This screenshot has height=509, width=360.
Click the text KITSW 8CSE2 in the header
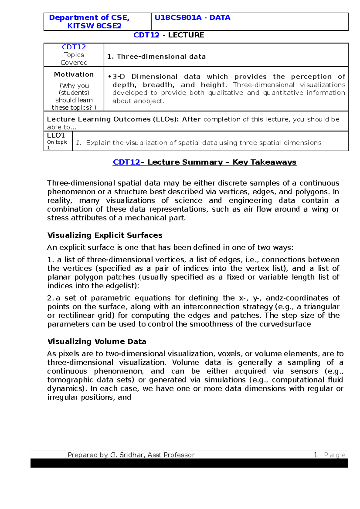[x=94, y=26]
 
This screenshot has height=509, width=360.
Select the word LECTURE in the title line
[x=186, y=35]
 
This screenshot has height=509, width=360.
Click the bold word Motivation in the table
[x=74, y=74]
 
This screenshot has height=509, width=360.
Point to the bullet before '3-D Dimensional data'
[x=110, y=77]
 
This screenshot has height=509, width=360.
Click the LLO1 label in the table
[x=56, y=135]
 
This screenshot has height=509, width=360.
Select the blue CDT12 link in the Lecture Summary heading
[x=126, y=162]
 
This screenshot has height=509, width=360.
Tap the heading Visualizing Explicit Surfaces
[x=105, y=235]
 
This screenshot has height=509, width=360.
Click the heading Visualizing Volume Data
[x=97, y=341]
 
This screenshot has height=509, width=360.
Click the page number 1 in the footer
[x=315, y=455]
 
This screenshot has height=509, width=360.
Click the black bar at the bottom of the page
[x=189, y=463]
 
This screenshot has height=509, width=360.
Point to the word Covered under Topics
[x=74, y=63]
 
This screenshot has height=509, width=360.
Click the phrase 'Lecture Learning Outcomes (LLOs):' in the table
[x=113, y=119]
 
